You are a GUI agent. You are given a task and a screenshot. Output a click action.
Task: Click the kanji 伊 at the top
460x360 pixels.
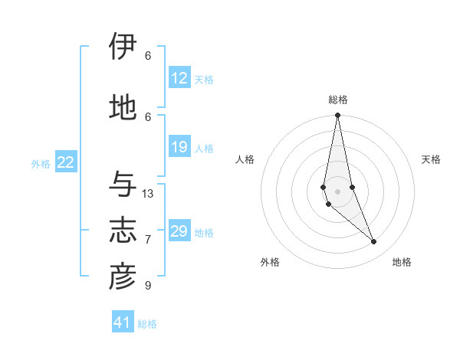click(123, 47)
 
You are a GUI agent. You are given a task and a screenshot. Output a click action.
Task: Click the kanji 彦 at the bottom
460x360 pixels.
click(123, 277)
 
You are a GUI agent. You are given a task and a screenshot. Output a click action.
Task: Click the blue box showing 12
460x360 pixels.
click(179, 78)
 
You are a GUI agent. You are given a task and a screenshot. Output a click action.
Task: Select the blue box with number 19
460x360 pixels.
click(179, 147)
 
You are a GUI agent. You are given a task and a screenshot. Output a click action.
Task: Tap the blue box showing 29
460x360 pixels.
click(179, 231)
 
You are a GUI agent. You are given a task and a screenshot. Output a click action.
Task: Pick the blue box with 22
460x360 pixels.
click(66, 162)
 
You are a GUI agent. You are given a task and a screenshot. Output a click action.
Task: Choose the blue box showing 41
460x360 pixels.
click(123, 323)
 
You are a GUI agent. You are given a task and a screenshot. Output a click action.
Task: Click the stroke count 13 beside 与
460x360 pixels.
click(148, 194)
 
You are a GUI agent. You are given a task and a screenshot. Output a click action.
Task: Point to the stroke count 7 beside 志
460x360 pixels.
click(148, 240)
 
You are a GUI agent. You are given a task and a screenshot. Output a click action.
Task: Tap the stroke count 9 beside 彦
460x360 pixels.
click(148, 286)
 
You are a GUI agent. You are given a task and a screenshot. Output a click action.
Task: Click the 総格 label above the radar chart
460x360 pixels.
click(338, 100)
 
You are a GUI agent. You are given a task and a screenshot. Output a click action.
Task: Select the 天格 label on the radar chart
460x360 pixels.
click(432, 159)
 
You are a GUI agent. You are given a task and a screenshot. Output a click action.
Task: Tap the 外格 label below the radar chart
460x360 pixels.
click(270, 262)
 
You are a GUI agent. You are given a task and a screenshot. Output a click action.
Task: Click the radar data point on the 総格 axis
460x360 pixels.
click(337, 116)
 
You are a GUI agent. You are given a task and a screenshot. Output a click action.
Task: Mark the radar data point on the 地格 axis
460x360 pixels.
click(374, 242)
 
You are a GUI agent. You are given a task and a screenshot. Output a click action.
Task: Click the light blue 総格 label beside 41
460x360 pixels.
click(147, 324)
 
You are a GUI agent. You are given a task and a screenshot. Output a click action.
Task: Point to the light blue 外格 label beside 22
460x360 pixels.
click(41, 163)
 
